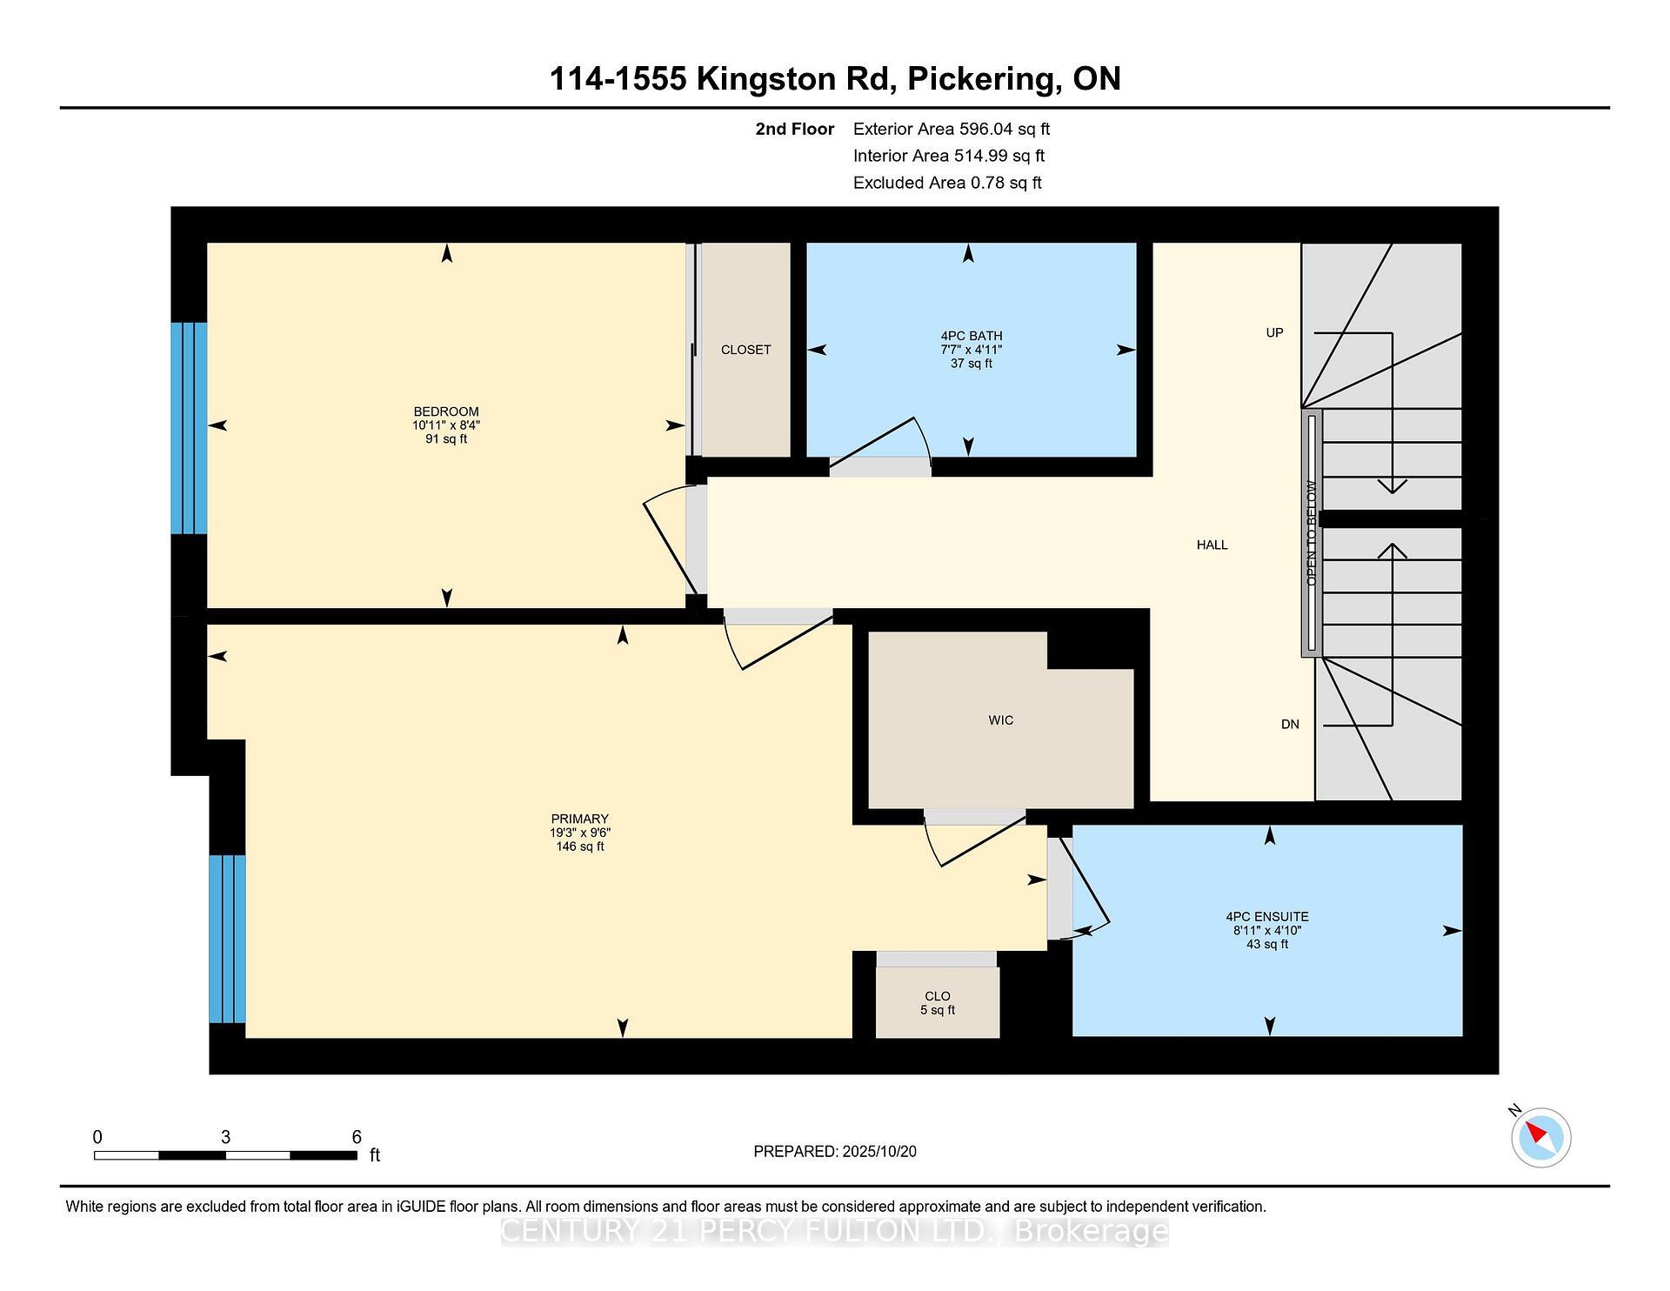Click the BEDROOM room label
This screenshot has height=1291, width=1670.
click(x=445, y=411)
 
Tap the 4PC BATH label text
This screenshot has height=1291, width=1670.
click(x=971, y=336)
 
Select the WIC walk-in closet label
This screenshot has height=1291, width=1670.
click(x=1000, y=720)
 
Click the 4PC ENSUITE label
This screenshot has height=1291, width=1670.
click(x=1266, y=917)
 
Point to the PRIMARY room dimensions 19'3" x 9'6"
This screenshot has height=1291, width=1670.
click(x=579, y=833)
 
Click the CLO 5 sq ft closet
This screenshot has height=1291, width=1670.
click(x=937, y=1002)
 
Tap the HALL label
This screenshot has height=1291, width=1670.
click(x=1212, y=545)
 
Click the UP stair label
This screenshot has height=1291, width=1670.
click(x=1274, y=332)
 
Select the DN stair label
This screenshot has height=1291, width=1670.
click(x=1289, y=724)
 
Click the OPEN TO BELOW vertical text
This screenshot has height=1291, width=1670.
click(x=1312, y=532)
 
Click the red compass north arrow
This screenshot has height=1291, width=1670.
click(x=1536, y=1133)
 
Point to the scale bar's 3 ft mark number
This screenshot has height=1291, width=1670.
click(x=225, y=1137)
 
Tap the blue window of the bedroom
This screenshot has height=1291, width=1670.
click(x=189, y=427)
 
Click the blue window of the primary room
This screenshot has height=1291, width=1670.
click(x=227, y=939)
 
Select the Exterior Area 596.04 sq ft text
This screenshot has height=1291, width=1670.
click(x=951, y=129)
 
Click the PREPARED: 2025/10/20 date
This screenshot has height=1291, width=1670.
click(x=834, y=1151)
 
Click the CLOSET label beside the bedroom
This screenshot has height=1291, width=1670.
click(x=745, y=350)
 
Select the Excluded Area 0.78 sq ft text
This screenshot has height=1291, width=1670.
click(x=946, y=183)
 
